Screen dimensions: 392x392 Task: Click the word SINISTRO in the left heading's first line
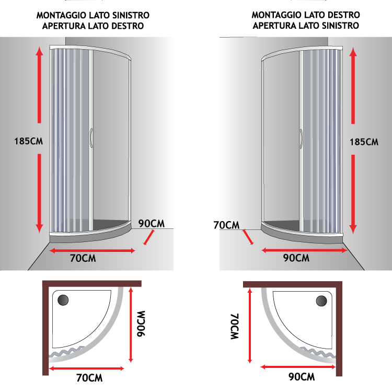131,15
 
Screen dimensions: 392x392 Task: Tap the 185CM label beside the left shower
29,141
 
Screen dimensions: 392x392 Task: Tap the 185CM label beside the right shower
364,142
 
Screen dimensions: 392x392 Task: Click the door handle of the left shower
91,138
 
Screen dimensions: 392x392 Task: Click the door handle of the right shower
301,139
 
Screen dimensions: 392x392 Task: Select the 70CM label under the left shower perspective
83,258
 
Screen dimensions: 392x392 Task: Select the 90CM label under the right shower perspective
296,258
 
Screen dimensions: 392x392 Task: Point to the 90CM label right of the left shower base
152,224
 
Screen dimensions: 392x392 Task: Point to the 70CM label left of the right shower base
226,225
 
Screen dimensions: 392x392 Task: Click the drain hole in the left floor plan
63,300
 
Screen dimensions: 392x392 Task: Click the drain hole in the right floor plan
321,301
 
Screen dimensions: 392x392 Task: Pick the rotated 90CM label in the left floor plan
141,324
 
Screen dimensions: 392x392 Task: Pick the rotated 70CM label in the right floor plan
235,326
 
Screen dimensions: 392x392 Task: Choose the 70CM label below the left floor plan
89,378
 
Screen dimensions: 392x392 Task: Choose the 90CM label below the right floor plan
302,377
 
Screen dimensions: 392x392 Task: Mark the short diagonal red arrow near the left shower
149,237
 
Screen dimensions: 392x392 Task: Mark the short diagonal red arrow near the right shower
248,237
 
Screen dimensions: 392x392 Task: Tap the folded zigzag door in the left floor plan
67,351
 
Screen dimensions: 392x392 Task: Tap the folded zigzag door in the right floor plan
318,352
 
